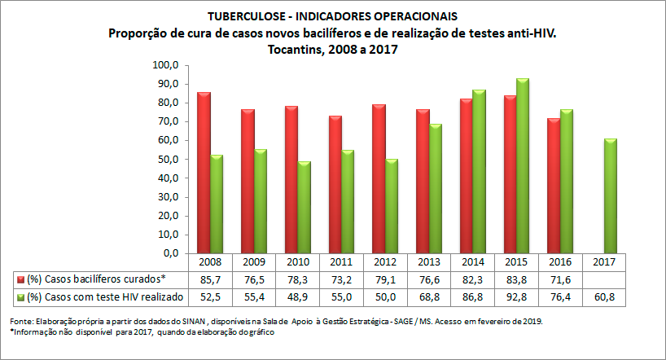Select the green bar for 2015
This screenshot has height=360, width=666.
523,166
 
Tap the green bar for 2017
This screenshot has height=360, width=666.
611,196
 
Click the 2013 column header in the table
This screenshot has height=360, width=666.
430,263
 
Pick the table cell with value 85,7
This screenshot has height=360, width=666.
210,279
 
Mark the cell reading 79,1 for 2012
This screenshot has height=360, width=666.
386,279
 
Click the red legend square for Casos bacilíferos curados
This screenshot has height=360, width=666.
19,279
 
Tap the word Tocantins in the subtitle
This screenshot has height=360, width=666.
293,49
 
